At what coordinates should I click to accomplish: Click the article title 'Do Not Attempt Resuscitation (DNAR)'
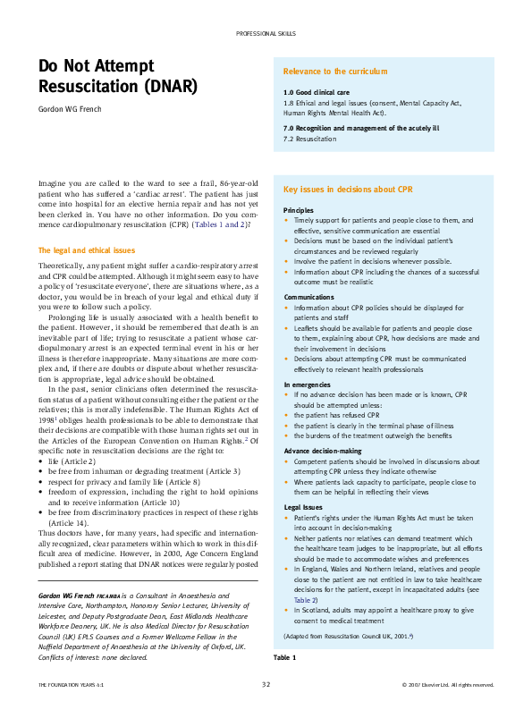[118, 76]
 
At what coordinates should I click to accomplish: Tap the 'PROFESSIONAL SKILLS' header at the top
[266, 32]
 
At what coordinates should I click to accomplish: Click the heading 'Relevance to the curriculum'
[334, 71]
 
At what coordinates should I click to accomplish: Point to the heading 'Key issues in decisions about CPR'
[347, 190]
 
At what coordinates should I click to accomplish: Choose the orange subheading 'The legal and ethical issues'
[86, 250]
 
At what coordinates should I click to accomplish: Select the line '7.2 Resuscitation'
[310, 139]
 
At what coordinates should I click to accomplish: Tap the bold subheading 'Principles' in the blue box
[299, 209]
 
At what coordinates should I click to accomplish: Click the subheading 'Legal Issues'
[303, 507]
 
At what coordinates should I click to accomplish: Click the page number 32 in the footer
[266, 684]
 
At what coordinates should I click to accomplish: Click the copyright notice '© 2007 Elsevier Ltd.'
[448, 684]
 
